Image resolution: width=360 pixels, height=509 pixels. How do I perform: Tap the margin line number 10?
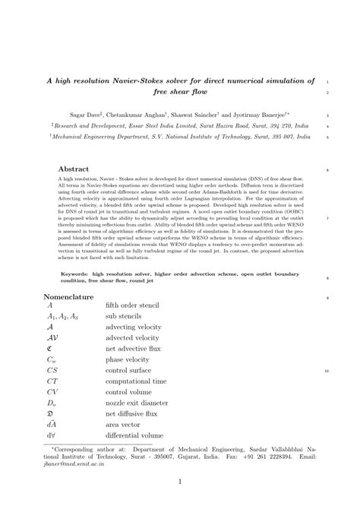[x=326, y=371]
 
